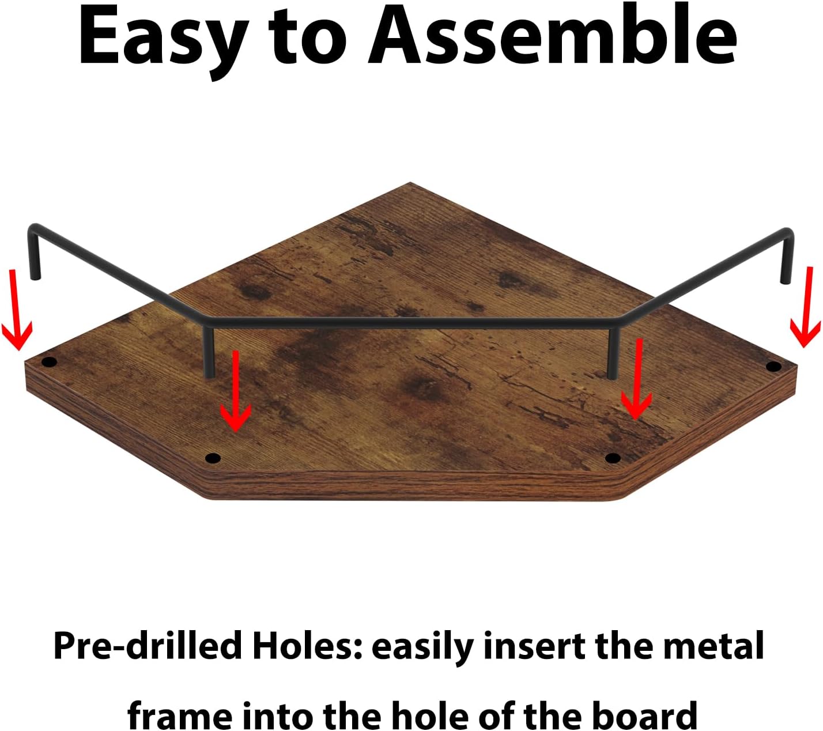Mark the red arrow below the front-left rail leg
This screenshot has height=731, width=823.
235,390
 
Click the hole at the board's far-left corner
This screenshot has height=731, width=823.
49,361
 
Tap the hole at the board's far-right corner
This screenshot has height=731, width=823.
773,367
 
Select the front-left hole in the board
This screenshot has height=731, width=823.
213,459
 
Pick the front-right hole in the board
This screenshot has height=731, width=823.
613,458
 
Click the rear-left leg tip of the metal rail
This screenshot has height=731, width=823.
35,278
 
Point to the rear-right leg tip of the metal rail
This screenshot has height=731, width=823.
786,281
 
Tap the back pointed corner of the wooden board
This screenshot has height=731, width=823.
411,183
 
